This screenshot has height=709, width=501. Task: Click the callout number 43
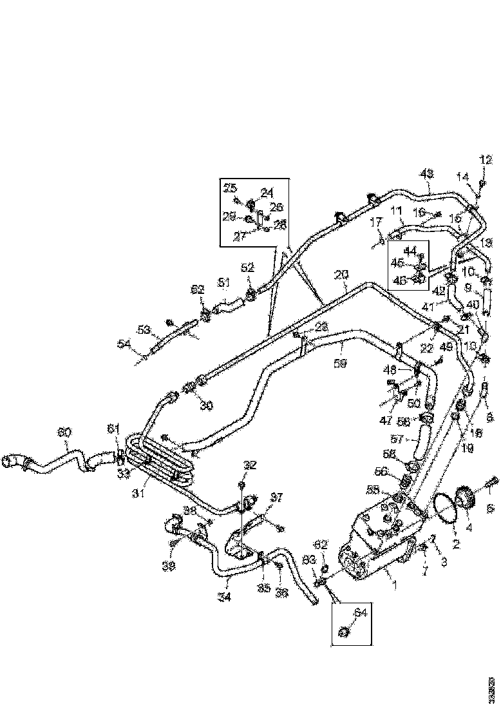(x=427, y=173)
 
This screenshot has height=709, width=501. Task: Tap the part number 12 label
(x=485, y=160)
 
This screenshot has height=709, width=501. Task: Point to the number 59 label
(x=341, y=364)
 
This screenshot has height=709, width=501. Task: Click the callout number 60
(x=65, y=432)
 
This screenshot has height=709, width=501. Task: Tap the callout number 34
(x=225, y=596)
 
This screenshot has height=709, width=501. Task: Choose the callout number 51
(x=223, y=282)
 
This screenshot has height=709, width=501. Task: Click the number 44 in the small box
(x=410, y=250)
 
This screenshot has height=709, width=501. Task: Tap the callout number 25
(x=230, y=188)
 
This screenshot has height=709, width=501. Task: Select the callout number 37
(x=258, y=497)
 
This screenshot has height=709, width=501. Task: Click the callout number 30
(x=188, y=405)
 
